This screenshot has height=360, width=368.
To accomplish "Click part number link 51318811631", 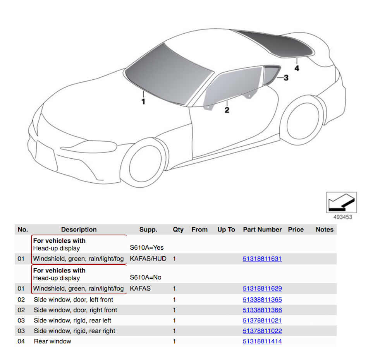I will click(x=262, y=259).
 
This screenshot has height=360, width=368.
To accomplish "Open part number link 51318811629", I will click(x=262, y=289).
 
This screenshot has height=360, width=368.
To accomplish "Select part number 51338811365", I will click(x=262, y=300).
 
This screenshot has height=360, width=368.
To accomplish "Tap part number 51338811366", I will click(x=262, y=310).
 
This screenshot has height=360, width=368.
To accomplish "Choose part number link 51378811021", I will click(x=262, y=321).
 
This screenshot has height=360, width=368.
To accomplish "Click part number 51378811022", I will click(x=262, y=331).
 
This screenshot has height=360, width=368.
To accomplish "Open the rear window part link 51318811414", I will click(x=262, y=341).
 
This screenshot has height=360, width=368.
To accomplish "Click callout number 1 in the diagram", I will click(x=143, y=102).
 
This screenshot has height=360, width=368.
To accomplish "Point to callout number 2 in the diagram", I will click(x=227, y=110).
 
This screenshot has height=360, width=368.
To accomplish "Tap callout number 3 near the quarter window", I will click(x=286, y=78).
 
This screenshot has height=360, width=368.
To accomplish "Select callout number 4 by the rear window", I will click(x=297, y=69).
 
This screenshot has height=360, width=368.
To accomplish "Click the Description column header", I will click(x=79, y=230).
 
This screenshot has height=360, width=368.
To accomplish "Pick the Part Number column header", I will click(x=262, y=230).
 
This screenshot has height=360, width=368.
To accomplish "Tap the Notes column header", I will click(x=324, y=230).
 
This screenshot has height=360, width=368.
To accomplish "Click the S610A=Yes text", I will click(x=147, y=248).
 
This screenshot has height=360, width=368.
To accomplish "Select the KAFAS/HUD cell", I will click(x=148, y=259).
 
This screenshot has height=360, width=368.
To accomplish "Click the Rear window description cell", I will click(x=53, y=341).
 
